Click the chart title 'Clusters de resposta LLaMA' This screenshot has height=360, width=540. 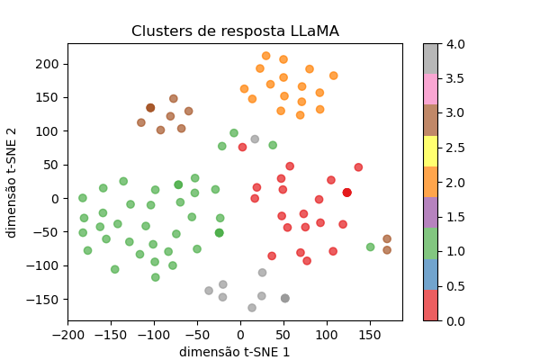click(235, 31)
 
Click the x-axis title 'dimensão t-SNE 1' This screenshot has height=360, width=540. click(235, 352)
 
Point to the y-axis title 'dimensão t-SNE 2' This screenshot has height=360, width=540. click(12, 182)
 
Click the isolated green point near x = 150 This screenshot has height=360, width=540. click(371, 247)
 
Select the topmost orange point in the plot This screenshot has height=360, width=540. click(265, 56)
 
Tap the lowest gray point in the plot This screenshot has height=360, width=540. click(252, 308)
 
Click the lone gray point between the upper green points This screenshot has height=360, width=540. click(255, 139)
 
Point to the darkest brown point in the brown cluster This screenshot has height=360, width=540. click(150, 108)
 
